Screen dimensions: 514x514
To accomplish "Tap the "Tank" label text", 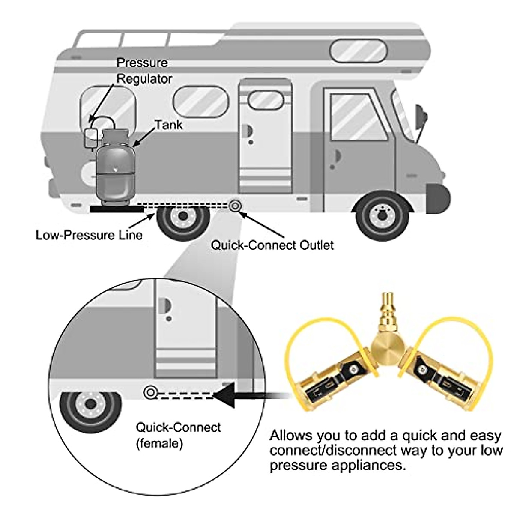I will pos(168,125).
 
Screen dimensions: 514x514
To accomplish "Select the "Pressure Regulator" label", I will pos(144,71).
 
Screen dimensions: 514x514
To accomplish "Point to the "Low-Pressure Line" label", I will pos(89,235).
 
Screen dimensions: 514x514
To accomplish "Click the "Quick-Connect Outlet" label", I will pos(272,245).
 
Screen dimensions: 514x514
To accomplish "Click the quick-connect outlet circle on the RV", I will pos(235,206).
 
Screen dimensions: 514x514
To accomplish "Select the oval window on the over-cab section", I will pos(358,50).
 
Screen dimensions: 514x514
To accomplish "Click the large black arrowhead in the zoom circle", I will pos(225,394).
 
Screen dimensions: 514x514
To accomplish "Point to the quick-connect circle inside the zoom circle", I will pos(150,391).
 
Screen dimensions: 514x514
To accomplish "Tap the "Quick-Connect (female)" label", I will pos(178,435).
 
